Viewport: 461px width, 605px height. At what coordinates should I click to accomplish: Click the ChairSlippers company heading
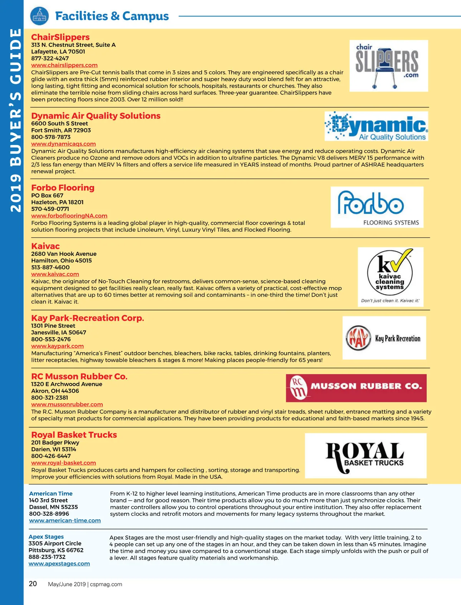60,37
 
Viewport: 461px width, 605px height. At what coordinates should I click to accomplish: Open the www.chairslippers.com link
64,65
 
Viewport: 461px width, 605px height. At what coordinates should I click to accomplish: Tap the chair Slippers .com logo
388,66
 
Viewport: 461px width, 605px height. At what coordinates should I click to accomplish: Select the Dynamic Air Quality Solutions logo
376,126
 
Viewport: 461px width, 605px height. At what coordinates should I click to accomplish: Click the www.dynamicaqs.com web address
63,144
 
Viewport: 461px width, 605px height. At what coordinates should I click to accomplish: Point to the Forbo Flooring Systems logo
377,207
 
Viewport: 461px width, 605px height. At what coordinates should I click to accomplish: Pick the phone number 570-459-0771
50,209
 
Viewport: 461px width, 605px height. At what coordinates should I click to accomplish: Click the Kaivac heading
45,246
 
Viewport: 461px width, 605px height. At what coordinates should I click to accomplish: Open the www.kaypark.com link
57,346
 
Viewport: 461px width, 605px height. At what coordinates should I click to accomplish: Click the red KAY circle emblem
358,338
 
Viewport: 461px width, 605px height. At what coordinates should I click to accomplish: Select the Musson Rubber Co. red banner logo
356,388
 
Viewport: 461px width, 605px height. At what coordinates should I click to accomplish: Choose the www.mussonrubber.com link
67,404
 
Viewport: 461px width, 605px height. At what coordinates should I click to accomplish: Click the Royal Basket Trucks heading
74,435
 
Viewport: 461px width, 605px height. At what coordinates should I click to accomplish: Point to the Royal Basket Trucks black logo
365,456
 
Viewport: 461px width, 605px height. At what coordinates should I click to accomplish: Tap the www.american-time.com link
65,520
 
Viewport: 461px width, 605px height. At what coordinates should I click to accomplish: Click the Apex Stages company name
46,537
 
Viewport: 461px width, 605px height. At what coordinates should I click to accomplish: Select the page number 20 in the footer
33,584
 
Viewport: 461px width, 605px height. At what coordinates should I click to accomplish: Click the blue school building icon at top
40,17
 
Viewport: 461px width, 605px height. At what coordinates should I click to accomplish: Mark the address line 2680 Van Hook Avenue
64,254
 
